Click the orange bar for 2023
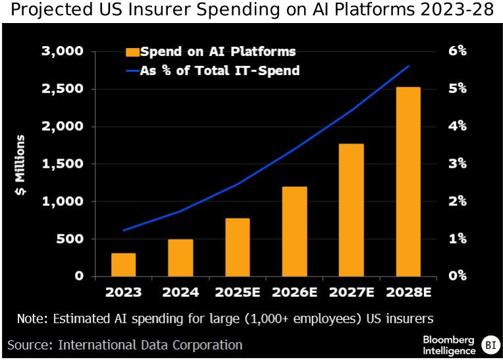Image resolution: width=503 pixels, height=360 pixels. [x=123, y=265]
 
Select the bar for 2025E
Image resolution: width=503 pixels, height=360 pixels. [x=237, y=247]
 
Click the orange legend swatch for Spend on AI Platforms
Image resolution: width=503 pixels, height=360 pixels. [x=133, y=52]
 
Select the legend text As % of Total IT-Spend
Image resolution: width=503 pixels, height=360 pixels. [x=220, y=70]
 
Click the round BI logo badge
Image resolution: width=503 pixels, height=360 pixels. [x=490, y=344]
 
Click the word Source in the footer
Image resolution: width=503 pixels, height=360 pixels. [x=29, y=345]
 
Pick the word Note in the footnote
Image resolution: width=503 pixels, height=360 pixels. [x=31, y=319]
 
